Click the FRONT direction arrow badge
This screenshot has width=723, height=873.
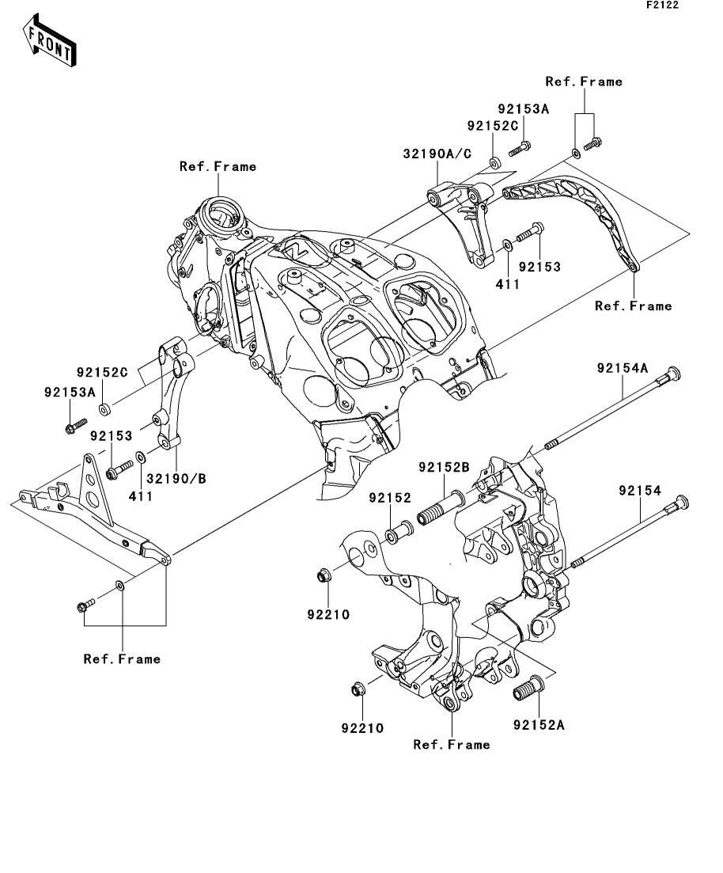[50, 44]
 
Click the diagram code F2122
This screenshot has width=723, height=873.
[662, 5]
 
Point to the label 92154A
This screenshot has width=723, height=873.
[623, 368]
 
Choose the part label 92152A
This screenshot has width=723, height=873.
[539, 724]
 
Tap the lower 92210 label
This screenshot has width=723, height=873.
[362, 728]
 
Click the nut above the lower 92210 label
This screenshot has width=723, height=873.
[358, 689]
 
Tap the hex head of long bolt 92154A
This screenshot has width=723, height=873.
[674, 373]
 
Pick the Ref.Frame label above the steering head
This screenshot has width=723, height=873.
[218, 166]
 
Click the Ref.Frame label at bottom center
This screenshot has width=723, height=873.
[452, 745]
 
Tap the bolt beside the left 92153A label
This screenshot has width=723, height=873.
[74, 427]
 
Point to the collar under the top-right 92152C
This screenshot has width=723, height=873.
[493, 163]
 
